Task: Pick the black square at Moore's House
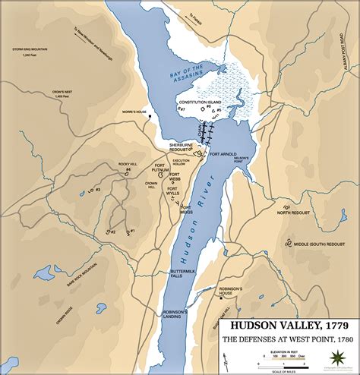click(150, 116)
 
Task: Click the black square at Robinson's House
click(221, 298)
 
